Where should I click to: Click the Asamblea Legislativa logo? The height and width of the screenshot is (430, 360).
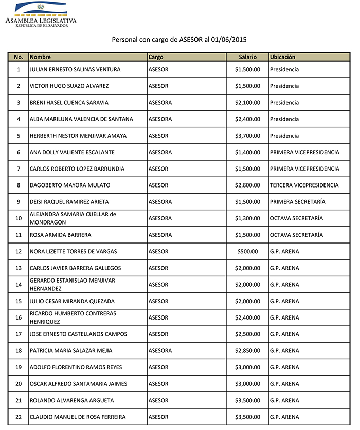[x=40, y=14]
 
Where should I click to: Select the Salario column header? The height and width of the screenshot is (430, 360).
[x=247, y=57]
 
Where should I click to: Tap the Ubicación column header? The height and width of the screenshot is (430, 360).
[x=283, y=57]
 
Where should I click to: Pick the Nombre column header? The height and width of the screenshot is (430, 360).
[x=40, y=57]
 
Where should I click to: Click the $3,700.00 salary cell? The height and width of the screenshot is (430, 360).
[x=247, y=136]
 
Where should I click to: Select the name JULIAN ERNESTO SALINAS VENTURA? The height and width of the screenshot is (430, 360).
[x=75, y=69]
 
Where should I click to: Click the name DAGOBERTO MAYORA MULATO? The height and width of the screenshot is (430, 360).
[x=70, y=185]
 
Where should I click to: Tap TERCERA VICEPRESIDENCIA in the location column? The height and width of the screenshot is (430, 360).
[x=304, y=185]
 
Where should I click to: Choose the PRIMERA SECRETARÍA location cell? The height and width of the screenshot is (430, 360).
[x=297, y=202]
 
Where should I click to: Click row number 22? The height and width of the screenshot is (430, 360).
[x=19, y=417]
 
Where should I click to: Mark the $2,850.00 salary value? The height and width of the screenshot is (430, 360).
[x=247, y=351]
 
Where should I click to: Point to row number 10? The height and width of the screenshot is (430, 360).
[x=19, y=218]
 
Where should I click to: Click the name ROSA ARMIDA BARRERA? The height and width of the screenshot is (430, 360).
[x=61, y=235]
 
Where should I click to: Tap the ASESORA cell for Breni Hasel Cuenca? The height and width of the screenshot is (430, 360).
[x=160, y=103]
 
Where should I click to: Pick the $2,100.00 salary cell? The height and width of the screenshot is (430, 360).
[x=247, y=103]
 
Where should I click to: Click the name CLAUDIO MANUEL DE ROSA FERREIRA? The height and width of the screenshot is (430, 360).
[x=78, y=417]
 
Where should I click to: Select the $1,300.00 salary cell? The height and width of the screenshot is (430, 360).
[x=247, y=218]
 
